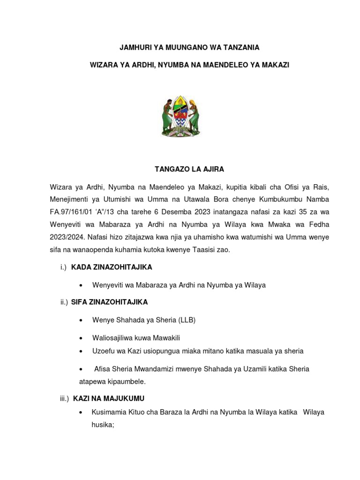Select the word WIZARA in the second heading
[104, 65]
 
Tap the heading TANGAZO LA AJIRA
[180, 169]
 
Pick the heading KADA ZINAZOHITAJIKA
[112, 267]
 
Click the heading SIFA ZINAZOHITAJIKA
[110, 302]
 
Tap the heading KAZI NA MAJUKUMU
[108, 398]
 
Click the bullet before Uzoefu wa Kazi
[82, 351]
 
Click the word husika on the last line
[102, 425]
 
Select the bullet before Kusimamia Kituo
[82, 412]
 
